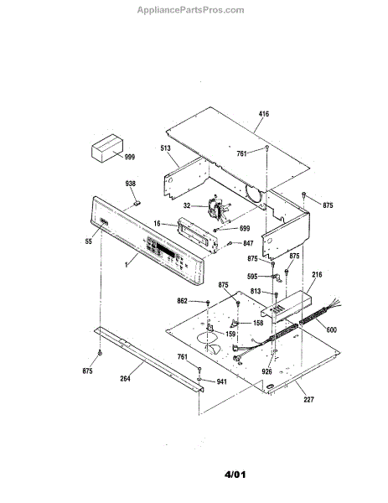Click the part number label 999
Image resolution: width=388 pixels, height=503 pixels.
130,157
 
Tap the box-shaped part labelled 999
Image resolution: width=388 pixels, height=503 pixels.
107,148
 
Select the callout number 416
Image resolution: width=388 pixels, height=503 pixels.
264,113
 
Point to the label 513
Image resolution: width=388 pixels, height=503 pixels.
165,148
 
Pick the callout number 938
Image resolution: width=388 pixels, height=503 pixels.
130,184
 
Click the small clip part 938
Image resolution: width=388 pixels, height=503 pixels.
137,203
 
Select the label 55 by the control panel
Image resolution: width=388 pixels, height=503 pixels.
89,241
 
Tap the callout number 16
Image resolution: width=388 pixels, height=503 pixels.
157,223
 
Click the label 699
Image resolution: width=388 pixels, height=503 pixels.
245,228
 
